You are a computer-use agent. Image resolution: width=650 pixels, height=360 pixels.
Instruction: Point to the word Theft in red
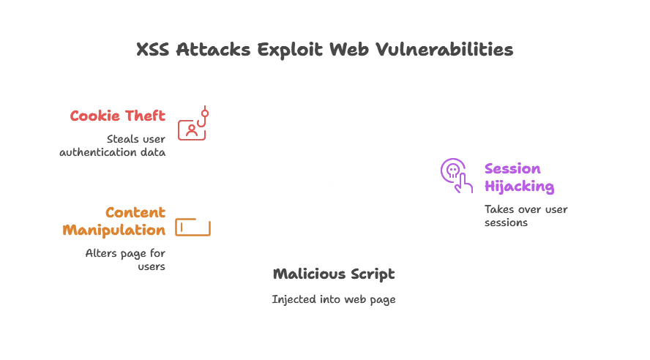[149, 116]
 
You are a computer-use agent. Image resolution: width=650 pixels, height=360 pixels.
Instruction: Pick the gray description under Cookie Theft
[114, 146]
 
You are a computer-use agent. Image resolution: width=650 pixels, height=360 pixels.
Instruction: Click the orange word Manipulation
[114, 229]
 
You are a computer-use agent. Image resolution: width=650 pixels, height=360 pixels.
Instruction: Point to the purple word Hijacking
[518, 187]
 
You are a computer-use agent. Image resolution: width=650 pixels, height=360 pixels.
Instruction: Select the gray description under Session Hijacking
[523, 216]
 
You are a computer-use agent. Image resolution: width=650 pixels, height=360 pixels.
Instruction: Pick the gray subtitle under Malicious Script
[333, 299]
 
